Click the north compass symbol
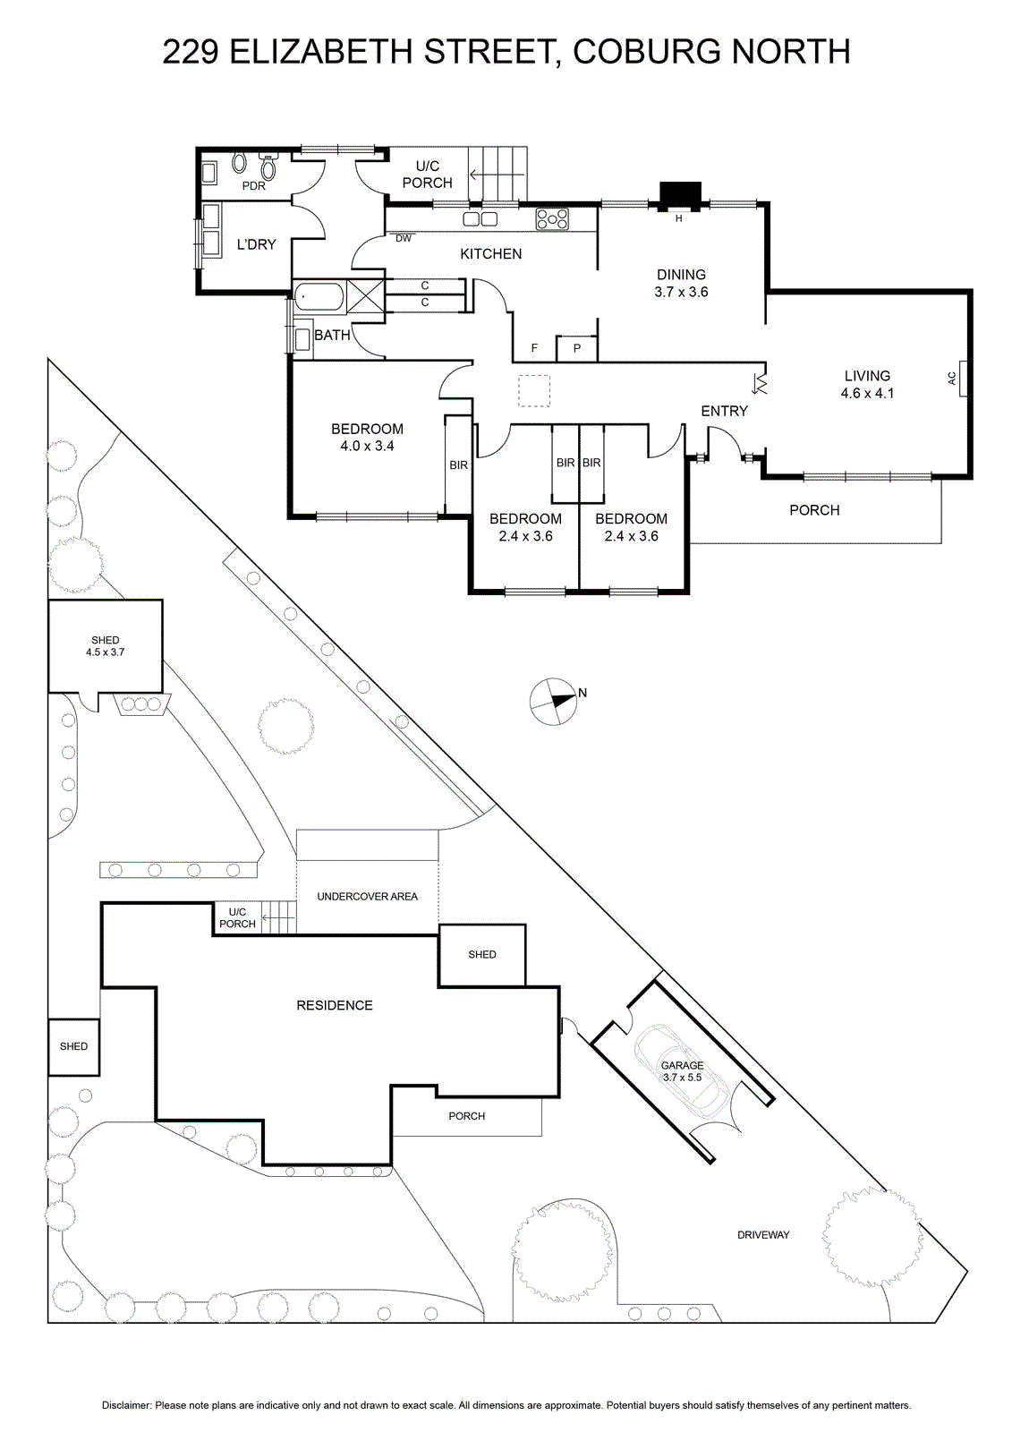(554, 702)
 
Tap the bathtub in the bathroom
(319, 296)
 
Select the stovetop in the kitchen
(552, 218)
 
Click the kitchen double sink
(480, 219)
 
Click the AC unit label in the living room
(952, 379)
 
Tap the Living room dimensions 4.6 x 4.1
(867, 393)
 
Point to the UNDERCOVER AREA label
(367, 896)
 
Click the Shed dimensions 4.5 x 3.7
(105, 652)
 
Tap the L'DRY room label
(257, 244)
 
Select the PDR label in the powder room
(254, 186)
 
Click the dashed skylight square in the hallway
(534, 390)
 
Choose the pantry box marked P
(576, 348)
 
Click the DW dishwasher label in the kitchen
(404, 238)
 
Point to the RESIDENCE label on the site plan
(335, 1005)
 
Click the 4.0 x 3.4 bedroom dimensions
(367, 447)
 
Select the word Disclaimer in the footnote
(126, 1405)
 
